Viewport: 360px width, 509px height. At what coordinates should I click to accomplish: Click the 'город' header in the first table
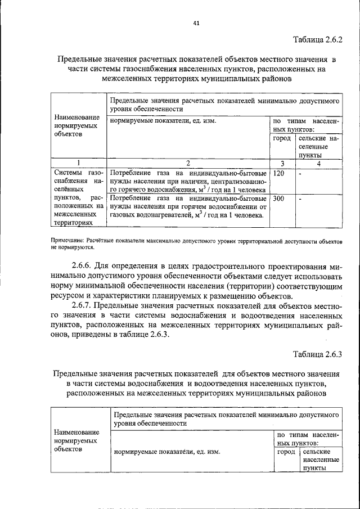tap(282, 138)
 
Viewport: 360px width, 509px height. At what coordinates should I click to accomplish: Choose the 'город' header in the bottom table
tap(286, 452)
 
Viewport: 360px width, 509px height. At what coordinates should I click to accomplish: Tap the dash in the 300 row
tap(300, 199)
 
